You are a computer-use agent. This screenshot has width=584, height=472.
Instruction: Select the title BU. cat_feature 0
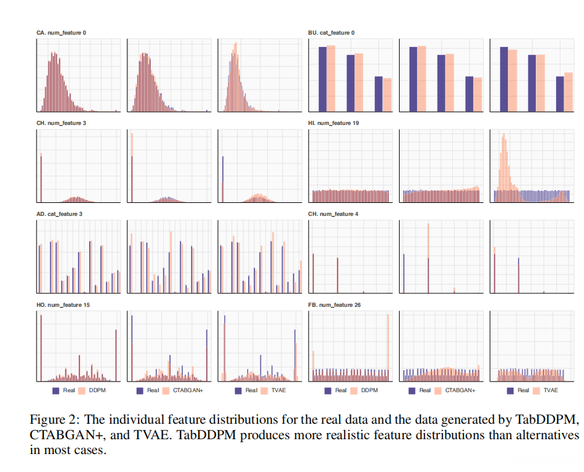(x=331, y=32)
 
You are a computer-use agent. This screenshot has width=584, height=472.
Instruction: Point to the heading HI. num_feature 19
(x=333, y=123)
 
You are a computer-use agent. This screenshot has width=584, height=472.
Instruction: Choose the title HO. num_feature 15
(x=61, y=304)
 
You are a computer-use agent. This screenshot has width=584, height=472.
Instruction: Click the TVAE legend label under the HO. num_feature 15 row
(x=277, y=390)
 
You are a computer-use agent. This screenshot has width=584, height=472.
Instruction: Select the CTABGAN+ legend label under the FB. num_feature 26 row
(x=460, y=390)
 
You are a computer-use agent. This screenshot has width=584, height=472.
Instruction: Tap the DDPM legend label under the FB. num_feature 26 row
(x=369, y=390)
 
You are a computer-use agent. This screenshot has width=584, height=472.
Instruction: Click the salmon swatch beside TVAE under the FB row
(x=535, y=390)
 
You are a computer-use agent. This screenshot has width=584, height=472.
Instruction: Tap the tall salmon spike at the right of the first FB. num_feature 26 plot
(x=389, y=346)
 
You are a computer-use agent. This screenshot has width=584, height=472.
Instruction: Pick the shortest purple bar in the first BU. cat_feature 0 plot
(x=379, y=93)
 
